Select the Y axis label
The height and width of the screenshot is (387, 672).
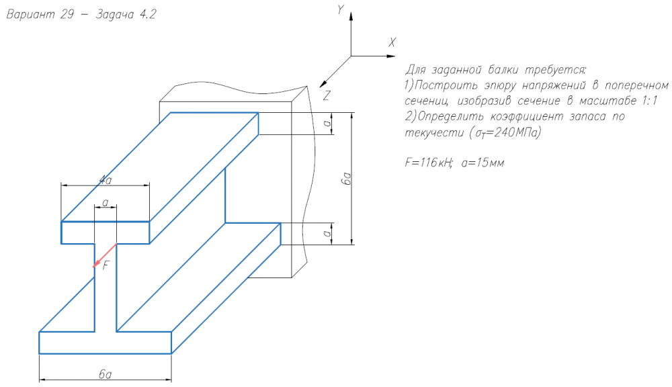pos(341,9)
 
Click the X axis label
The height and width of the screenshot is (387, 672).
pos(392,42)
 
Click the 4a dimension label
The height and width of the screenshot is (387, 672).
pos(105,179)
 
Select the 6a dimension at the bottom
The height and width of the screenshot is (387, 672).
pos(105,374)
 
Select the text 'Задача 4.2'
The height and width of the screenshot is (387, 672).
pos(128,15)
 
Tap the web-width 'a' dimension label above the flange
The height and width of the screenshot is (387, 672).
pos(105,202)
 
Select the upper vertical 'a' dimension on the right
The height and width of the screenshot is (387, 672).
pos(326,124)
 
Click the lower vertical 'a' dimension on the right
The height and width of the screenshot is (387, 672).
pos(326,233)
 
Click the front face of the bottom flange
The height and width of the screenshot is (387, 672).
pos(106,343)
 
